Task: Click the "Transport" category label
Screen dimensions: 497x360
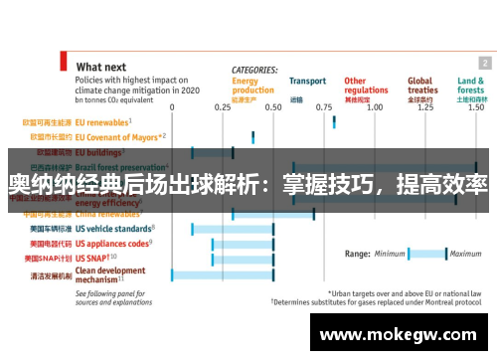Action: (307, 81)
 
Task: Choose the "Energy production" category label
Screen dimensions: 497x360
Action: (252, 86)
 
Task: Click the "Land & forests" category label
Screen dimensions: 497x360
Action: (471, 86)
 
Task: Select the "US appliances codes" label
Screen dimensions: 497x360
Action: (112, 243)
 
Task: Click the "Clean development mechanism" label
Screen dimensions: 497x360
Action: (109, 273)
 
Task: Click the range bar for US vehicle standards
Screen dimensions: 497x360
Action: (233, 229)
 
